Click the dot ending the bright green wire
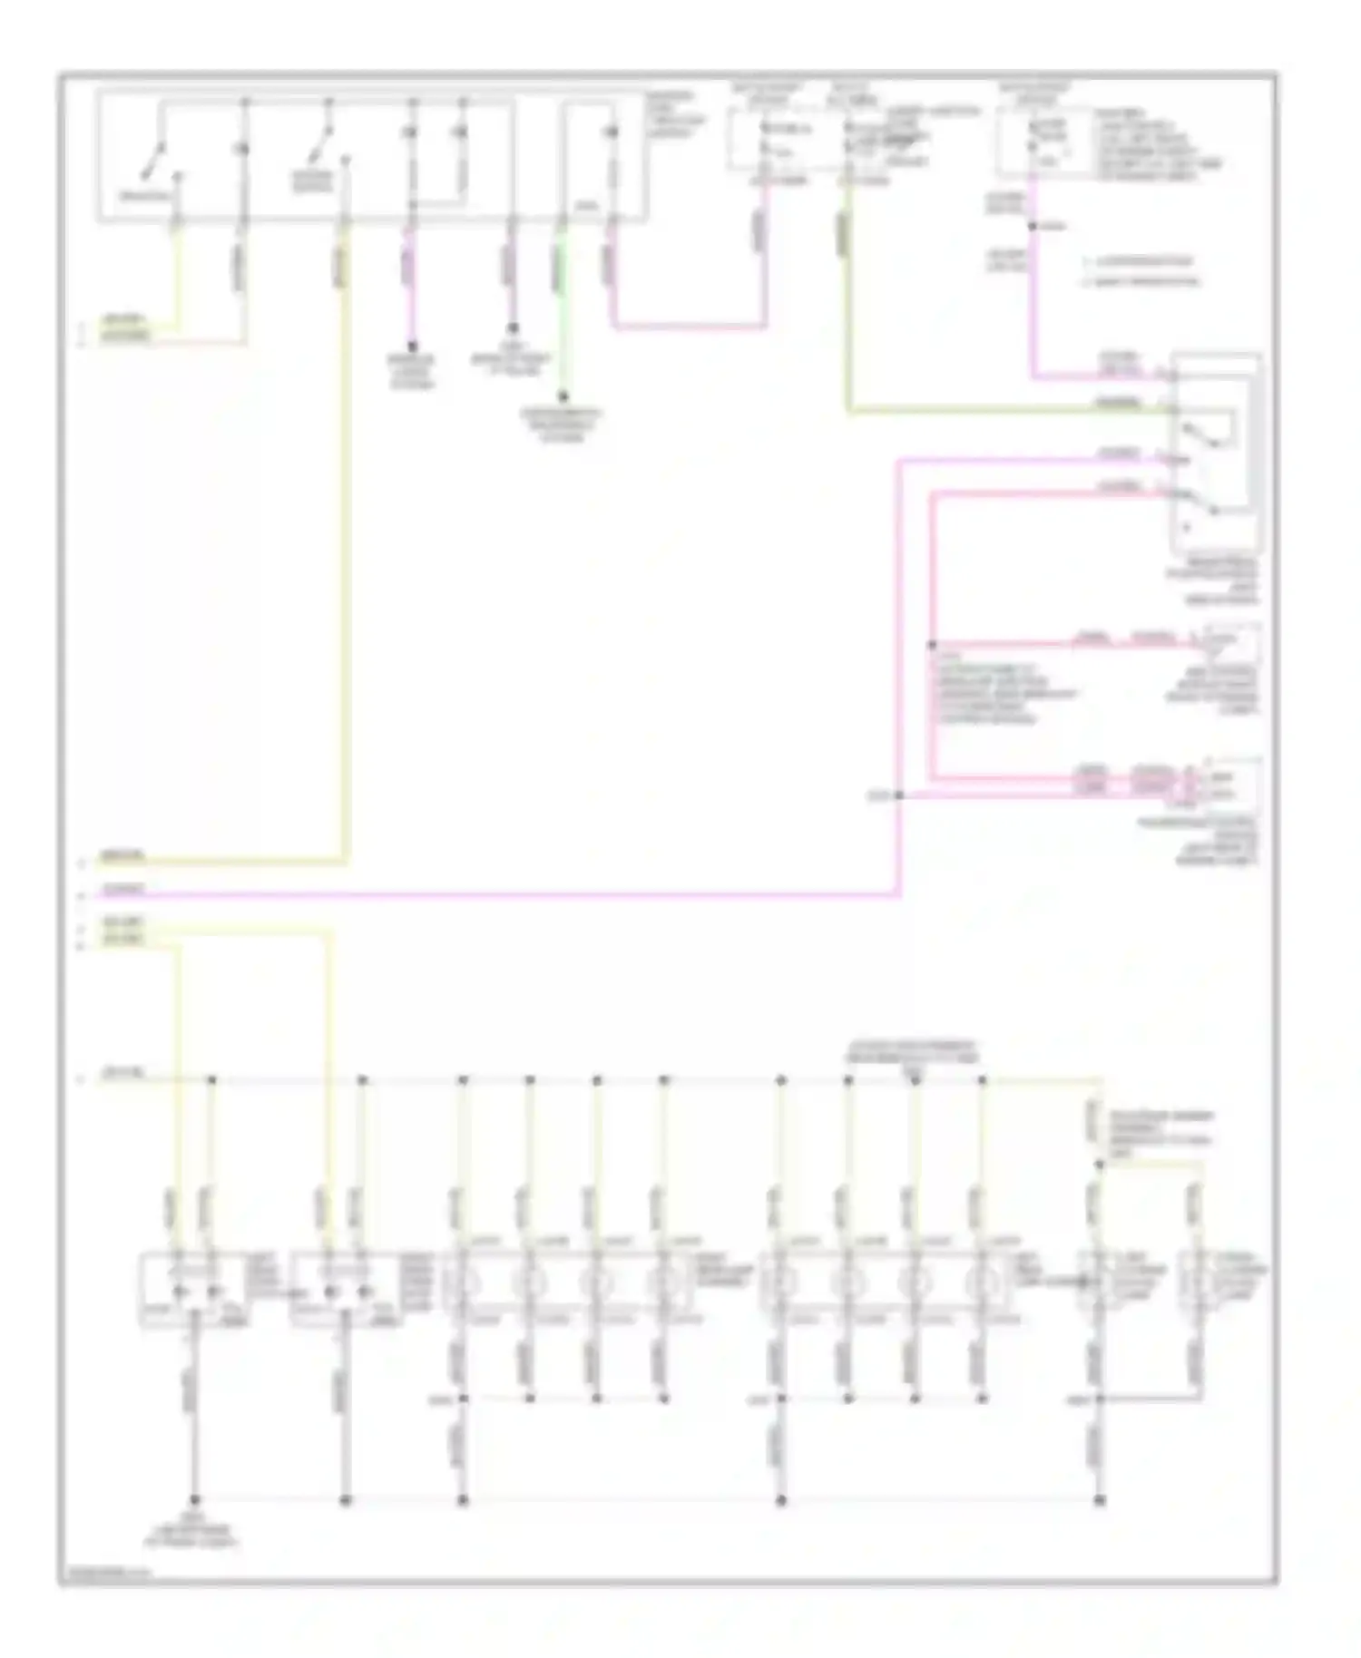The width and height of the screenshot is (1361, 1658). click(x=563, y=396)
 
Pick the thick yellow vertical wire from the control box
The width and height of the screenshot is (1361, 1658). click(x=345, y=544)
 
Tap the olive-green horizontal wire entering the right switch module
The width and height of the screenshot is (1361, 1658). click(x=998, y=412)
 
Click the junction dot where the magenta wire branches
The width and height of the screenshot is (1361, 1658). click(x=899, y=795)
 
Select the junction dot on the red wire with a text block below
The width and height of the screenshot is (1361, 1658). click(x=932, y=646)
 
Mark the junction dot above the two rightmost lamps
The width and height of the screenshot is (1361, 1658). click(x=1099, y=1165)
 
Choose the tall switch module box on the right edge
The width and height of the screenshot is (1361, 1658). click(x=1216, y=454)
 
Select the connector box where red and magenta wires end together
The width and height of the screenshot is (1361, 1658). click(x=1229, y=785)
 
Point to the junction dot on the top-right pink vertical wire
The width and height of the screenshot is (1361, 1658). click(x=1033, y=226)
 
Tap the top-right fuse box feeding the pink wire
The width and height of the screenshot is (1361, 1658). click(x=1043, y=141)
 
